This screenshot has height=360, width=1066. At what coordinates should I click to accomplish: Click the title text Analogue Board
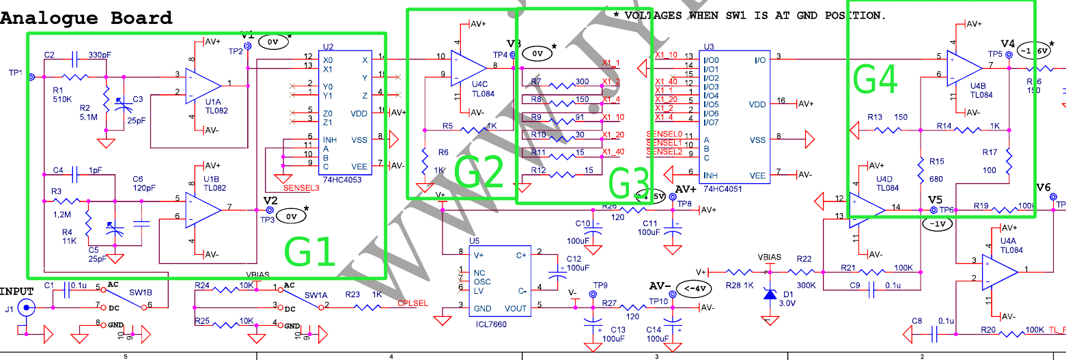86,18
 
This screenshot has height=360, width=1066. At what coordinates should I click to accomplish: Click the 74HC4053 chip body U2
345,113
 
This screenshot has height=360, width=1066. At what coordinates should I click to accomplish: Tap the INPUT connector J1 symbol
26,307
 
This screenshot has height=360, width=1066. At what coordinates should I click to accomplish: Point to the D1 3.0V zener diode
770,294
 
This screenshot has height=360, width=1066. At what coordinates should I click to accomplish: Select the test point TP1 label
15,73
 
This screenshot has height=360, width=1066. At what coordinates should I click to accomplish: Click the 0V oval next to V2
291,217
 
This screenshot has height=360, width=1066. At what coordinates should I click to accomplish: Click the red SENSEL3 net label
300,186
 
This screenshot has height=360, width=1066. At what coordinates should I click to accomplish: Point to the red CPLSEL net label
412,303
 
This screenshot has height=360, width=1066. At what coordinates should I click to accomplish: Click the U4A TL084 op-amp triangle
999,271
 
